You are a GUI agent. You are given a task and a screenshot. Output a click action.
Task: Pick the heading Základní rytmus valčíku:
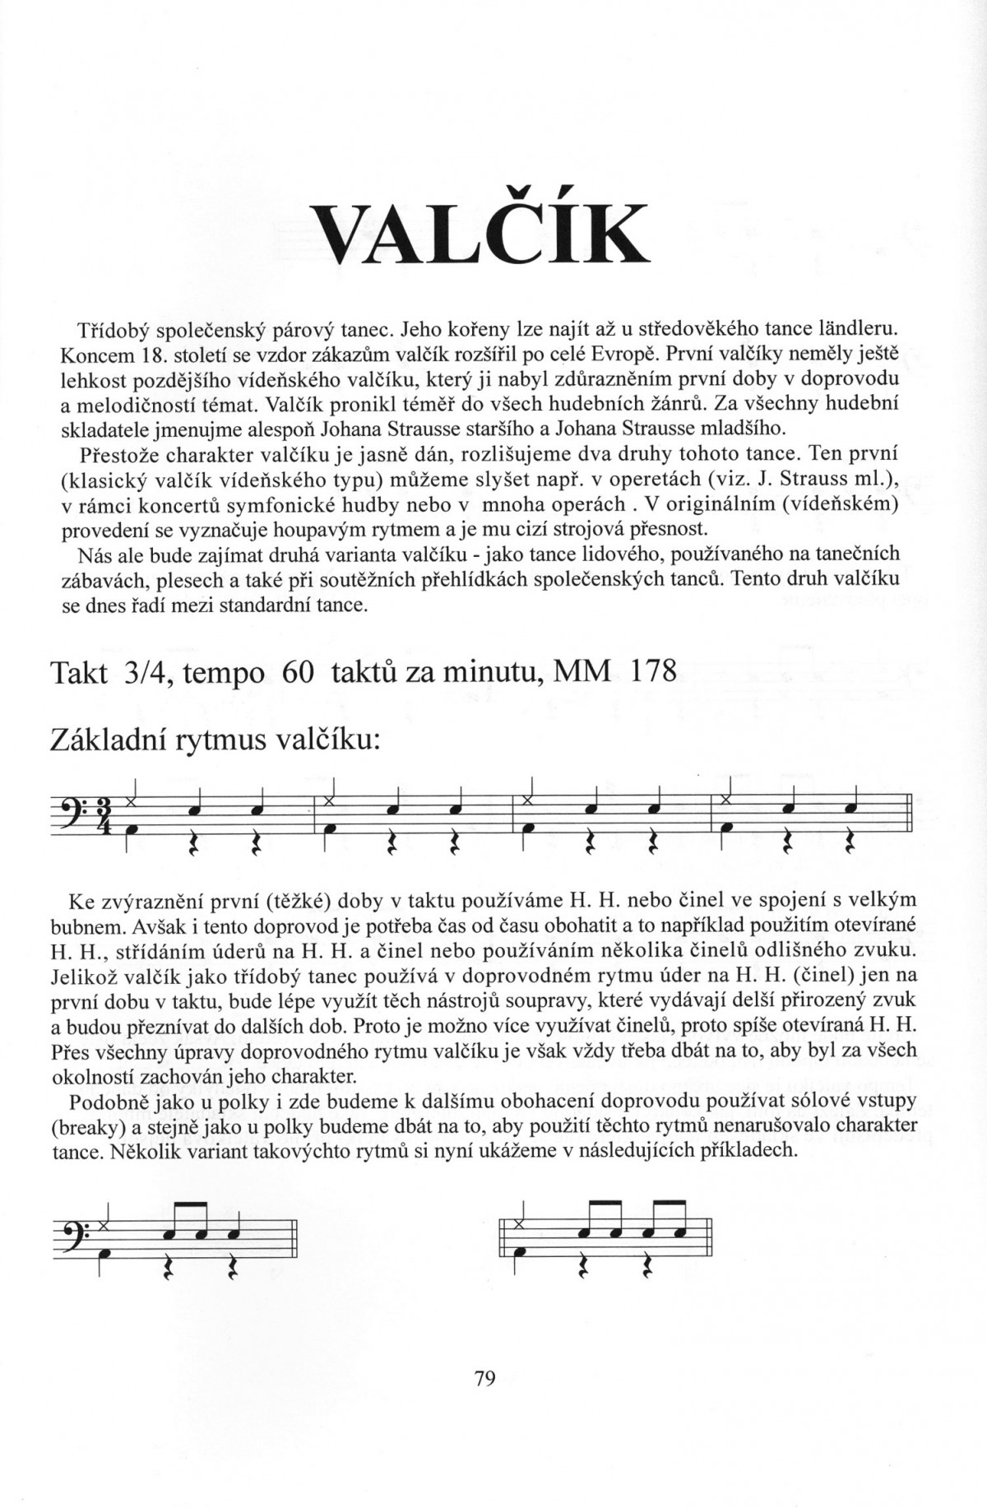click(215, 740)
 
